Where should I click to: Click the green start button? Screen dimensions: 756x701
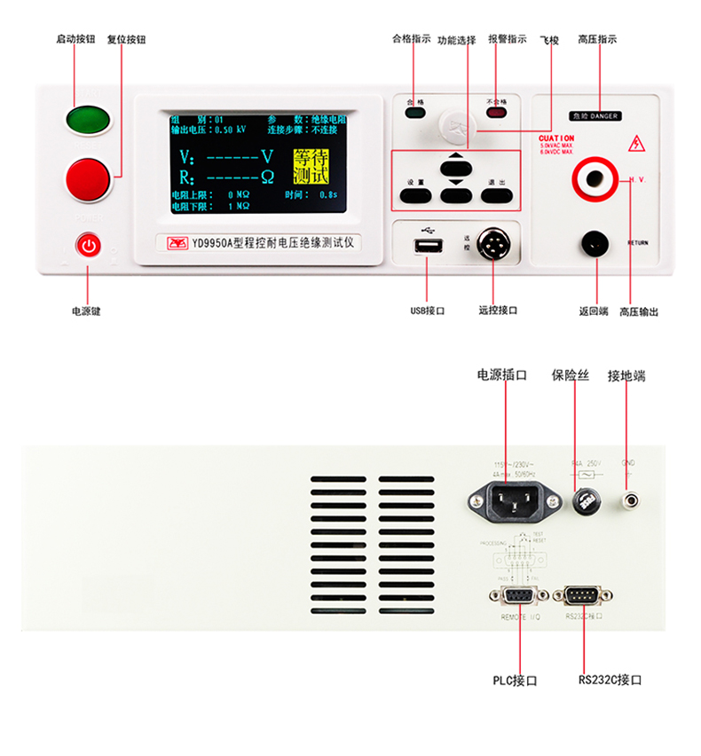pos(87,119)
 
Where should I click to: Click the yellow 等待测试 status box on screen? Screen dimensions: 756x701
pos(311,167)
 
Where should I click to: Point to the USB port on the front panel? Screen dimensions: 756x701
pos(427,246)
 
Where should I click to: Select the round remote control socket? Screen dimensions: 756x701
pos(492,244)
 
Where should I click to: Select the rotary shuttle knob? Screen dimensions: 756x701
pos(456,124)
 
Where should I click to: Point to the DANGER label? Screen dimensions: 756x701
pos(595,116)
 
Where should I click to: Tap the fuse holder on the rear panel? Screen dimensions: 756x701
pos(586,503)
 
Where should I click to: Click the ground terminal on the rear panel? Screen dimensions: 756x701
pos(631,501)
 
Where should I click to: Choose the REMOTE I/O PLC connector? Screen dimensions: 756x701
pos(512,596)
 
